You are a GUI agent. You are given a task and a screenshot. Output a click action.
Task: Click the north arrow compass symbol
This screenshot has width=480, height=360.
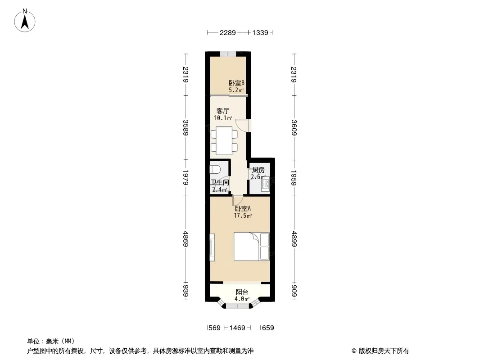(25, 21)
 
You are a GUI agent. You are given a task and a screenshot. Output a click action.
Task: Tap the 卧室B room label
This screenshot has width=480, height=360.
(236, 83)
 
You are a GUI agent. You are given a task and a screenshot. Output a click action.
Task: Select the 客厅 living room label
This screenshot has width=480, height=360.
(222, 111)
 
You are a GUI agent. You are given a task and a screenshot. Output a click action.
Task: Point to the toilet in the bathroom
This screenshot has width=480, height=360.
(216, 169)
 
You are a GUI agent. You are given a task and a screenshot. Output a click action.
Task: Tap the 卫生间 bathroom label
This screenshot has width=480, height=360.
(219, 183)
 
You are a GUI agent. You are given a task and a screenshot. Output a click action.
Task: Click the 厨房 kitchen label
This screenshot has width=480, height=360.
(258, 170)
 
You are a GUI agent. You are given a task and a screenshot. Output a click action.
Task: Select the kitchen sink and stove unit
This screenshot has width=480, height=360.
(265, 184)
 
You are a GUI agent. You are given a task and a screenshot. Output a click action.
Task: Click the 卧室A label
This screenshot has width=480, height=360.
(243, 209)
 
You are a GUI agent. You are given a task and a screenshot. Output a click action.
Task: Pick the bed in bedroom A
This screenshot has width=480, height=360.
(252, 247)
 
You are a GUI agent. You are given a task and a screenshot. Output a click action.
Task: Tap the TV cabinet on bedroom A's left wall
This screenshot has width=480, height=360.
(212, 247)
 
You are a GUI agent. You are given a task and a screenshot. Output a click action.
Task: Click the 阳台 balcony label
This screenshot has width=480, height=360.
(242, 292)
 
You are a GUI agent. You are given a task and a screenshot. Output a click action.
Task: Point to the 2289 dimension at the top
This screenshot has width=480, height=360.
(227, 33)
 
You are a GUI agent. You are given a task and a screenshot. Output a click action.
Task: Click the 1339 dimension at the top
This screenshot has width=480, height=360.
(260, 33)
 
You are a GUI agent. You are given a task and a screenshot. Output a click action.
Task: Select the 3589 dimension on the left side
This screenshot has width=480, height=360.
(186, 127)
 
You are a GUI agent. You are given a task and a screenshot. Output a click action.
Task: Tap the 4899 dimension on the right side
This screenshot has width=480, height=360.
(294, 239)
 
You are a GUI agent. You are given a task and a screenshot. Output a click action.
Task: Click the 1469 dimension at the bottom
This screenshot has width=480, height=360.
(237, 328)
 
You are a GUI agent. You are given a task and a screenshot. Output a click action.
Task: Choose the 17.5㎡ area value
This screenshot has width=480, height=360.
(243, 216)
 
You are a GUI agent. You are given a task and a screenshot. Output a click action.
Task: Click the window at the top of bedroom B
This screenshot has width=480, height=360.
(228, 54)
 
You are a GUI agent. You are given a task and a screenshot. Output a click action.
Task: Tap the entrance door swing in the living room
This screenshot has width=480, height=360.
(243, 125)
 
